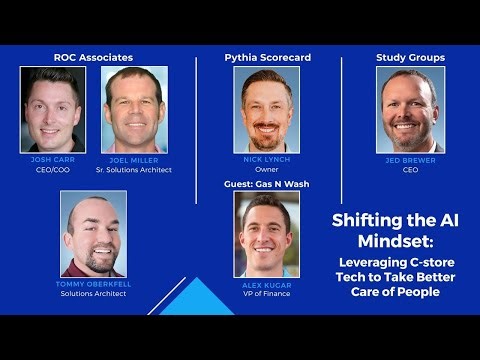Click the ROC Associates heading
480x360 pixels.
tap(93, 58)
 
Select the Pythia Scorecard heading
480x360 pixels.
tap(267, 58)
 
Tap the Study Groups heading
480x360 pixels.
tap(410, 58)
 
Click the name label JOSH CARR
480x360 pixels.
tap(52, 160)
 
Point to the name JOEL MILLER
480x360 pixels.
tap(134, 160)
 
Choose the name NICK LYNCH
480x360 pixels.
tap(267, 160)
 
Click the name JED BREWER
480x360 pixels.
tap(410, 160)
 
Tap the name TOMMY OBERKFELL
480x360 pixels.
tap(93, 284)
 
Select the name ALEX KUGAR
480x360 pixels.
tap(267, 284)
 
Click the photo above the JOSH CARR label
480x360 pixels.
tap(53, 110)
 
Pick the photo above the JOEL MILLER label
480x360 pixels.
tap(134, 110)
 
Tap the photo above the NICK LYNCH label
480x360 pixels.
tap(267, 110)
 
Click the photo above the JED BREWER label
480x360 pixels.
tap(410, 110)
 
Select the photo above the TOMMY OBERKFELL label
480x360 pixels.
tap(93, 234)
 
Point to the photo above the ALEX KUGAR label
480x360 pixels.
tap(267, 234)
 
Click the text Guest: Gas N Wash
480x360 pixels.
tap(267, 183)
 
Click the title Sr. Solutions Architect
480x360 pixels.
tap(134, 170)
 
